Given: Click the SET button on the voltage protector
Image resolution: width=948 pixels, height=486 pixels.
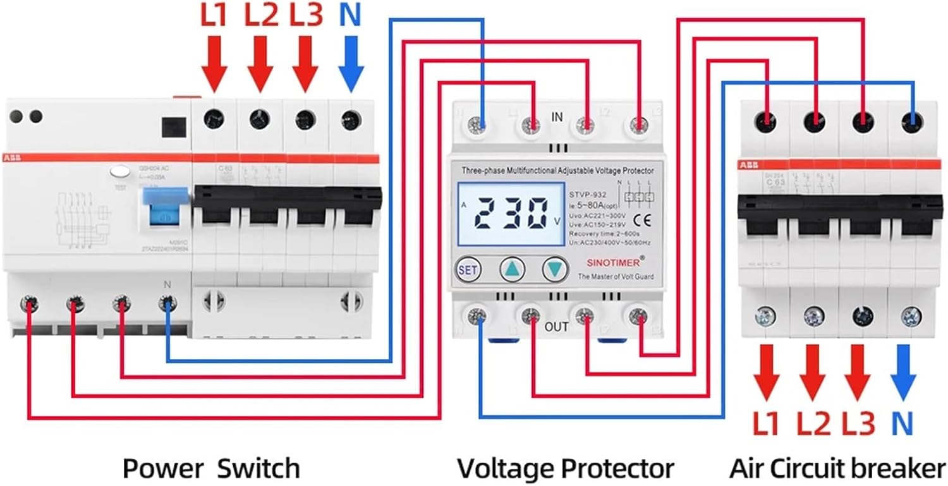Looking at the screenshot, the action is pos(468,270).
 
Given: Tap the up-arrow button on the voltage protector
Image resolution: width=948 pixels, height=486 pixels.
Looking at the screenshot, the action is pos(513,270).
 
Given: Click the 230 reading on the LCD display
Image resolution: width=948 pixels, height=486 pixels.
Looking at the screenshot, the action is pos(511,215).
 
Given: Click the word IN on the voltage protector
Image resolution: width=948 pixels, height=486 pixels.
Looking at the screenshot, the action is pos(557,117).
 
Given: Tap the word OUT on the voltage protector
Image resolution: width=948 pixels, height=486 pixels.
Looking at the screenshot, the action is pos(556,327).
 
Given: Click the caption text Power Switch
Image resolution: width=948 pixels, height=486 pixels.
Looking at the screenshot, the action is pos(211,468).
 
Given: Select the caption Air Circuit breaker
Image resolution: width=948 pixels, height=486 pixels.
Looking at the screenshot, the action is pos(837,468).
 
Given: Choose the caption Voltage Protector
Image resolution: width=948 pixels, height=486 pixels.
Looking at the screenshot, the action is pos(565,468).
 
